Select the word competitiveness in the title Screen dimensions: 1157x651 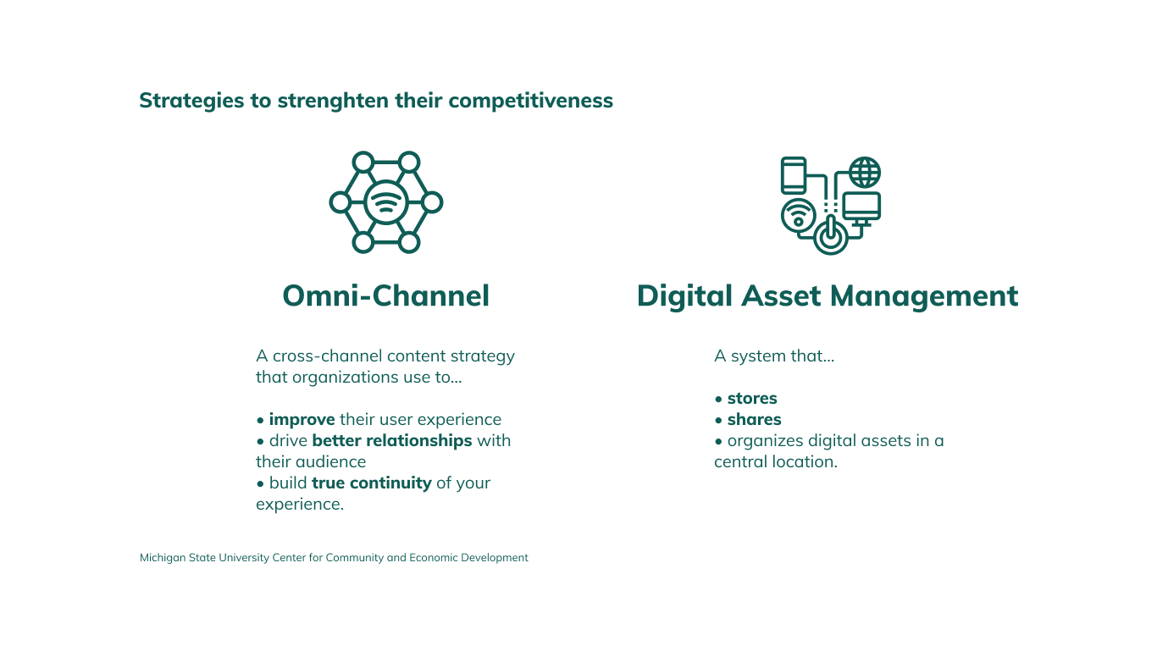pyautogui.click(x=530, y=101)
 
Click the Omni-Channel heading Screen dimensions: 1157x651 pyautogui.click(x=385, y=296)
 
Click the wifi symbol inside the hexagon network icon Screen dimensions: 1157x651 pyautogui.click(x=386, y=202)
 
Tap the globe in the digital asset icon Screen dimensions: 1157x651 pyautogui.click(x=865, y=173)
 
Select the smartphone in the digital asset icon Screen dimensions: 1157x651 pyautogui.click(x=794, y=175)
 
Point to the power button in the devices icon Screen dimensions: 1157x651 pyautogui.click(x=830, y=235)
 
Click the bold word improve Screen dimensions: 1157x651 pyautogui.click(x=302, y=420)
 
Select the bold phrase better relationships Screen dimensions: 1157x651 pyautogui.click(x=392, y=441)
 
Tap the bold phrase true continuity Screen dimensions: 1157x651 pyautogui.click(x=372, y=483)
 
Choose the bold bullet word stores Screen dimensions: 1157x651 pyautogui.click(x=752, y=399)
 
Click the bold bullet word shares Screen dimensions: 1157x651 pyautogui.click(x=754, y=420)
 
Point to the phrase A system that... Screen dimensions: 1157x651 pyautogui.click(x=773, y=356)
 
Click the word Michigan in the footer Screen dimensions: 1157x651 pyautogui.click(x=162, y=558)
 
